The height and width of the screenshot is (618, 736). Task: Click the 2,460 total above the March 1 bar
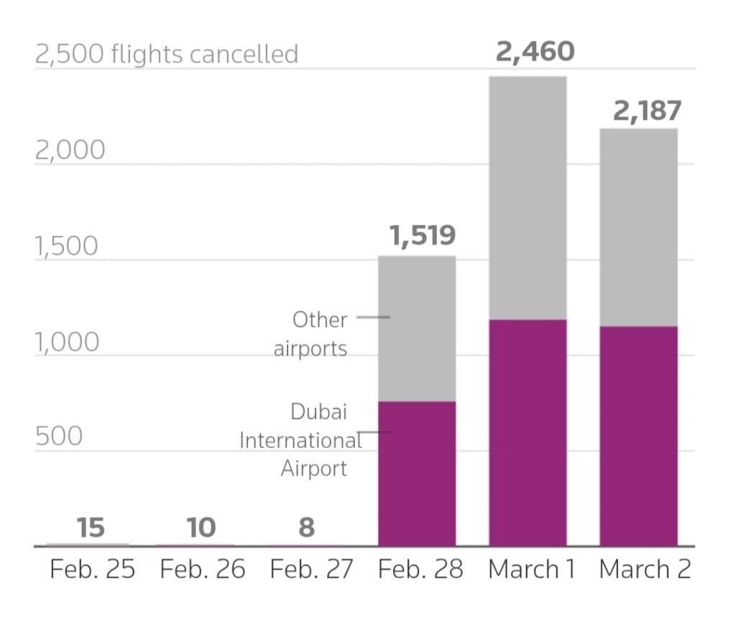(535, 51)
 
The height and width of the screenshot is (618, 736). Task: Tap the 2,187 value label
(647, 111)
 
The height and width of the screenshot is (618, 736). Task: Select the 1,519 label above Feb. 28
(423, 235)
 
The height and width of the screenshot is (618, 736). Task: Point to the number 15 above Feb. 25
(91, 527)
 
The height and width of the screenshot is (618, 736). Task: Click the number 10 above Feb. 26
(201, 527)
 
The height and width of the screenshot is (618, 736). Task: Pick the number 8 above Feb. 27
(306, 527)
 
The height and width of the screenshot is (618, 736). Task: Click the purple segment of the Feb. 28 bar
(417, 474)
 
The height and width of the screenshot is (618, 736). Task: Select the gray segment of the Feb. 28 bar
(417, 328)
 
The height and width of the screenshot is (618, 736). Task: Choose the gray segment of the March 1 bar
(528, 198)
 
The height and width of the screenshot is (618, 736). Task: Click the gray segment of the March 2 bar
(638, 227)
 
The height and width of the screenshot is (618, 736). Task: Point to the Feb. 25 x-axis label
(92, 570)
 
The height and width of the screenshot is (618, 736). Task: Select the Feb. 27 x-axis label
(312, 570)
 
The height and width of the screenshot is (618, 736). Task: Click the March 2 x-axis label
(645, 570)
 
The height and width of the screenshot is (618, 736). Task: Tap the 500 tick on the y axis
(59, 436)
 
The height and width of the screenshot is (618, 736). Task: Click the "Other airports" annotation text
(311, 334)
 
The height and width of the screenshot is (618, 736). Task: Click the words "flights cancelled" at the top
(205, 54)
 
